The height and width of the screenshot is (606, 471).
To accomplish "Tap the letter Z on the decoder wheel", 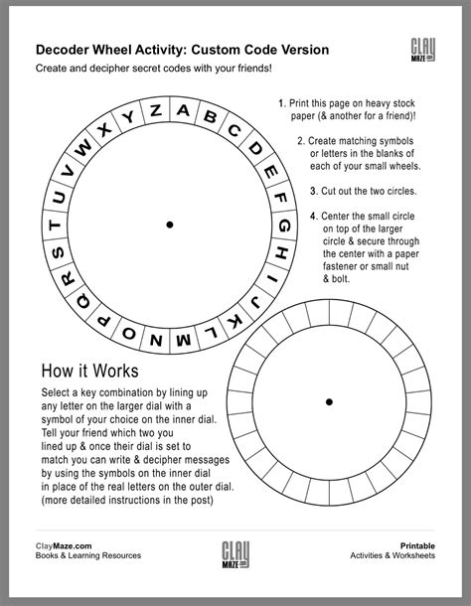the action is coord(156,114).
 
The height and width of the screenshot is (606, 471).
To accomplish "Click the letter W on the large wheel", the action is coord(83,150).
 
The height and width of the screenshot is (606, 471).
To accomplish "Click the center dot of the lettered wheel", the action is coord(170,226).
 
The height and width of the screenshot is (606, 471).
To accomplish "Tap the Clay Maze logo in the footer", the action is coord(235,552).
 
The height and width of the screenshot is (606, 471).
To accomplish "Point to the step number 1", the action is coord(281,102).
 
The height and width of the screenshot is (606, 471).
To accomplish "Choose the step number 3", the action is coord(313,190).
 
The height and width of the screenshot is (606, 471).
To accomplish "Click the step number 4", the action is coord(313,216).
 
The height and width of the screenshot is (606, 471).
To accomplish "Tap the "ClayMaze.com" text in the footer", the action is coord(65,545).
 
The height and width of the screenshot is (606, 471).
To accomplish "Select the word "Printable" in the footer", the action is coord(417,545).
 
